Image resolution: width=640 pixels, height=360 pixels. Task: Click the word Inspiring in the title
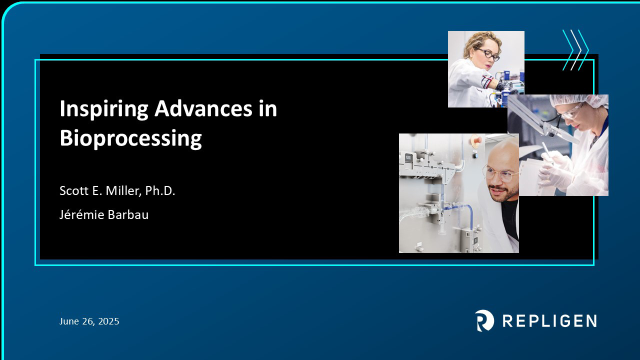(x=104, y=109)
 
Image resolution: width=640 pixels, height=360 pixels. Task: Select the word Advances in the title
(x=203, y=108)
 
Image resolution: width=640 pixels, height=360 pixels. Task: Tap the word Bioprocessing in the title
(x=130, y=138)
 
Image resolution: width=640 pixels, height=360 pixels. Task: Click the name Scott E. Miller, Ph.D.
(x=117, y=190)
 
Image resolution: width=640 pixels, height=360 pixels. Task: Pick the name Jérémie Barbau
(x=104, y=214)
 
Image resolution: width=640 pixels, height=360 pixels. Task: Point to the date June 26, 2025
(x=89, y=321)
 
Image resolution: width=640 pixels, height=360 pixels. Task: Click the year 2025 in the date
(x=108, y=321)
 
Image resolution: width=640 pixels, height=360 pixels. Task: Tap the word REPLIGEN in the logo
(x=549, y=321)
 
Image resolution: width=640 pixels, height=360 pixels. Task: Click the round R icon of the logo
(x=484, y=320)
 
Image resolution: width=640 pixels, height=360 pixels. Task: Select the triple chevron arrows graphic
(x=575, y=50)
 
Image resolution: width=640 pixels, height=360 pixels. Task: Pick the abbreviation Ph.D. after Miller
(x=160, y=190)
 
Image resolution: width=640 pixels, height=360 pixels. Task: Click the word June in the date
(x=69, y=321)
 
